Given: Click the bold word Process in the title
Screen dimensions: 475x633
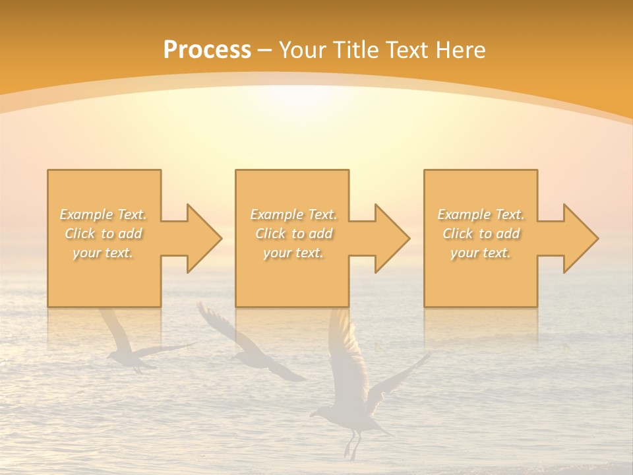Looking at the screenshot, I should [x=207, y=49].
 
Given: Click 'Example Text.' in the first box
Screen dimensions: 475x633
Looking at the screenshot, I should [x=104, y=214].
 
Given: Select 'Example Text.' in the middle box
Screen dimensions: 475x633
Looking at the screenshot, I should [x=293, y=214].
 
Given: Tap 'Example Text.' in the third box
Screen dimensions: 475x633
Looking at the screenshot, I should [x=481, y=214].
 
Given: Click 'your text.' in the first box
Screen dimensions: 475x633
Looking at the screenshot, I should [x=104, y=253].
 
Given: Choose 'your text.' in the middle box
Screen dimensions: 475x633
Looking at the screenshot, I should [x=293, y=253].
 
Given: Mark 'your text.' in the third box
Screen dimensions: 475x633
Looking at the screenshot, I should [x=481, y=253].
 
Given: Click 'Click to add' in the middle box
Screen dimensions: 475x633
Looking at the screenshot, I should [x=293, y=234].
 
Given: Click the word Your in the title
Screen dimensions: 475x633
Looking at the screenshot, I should [x=301, y=49].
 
